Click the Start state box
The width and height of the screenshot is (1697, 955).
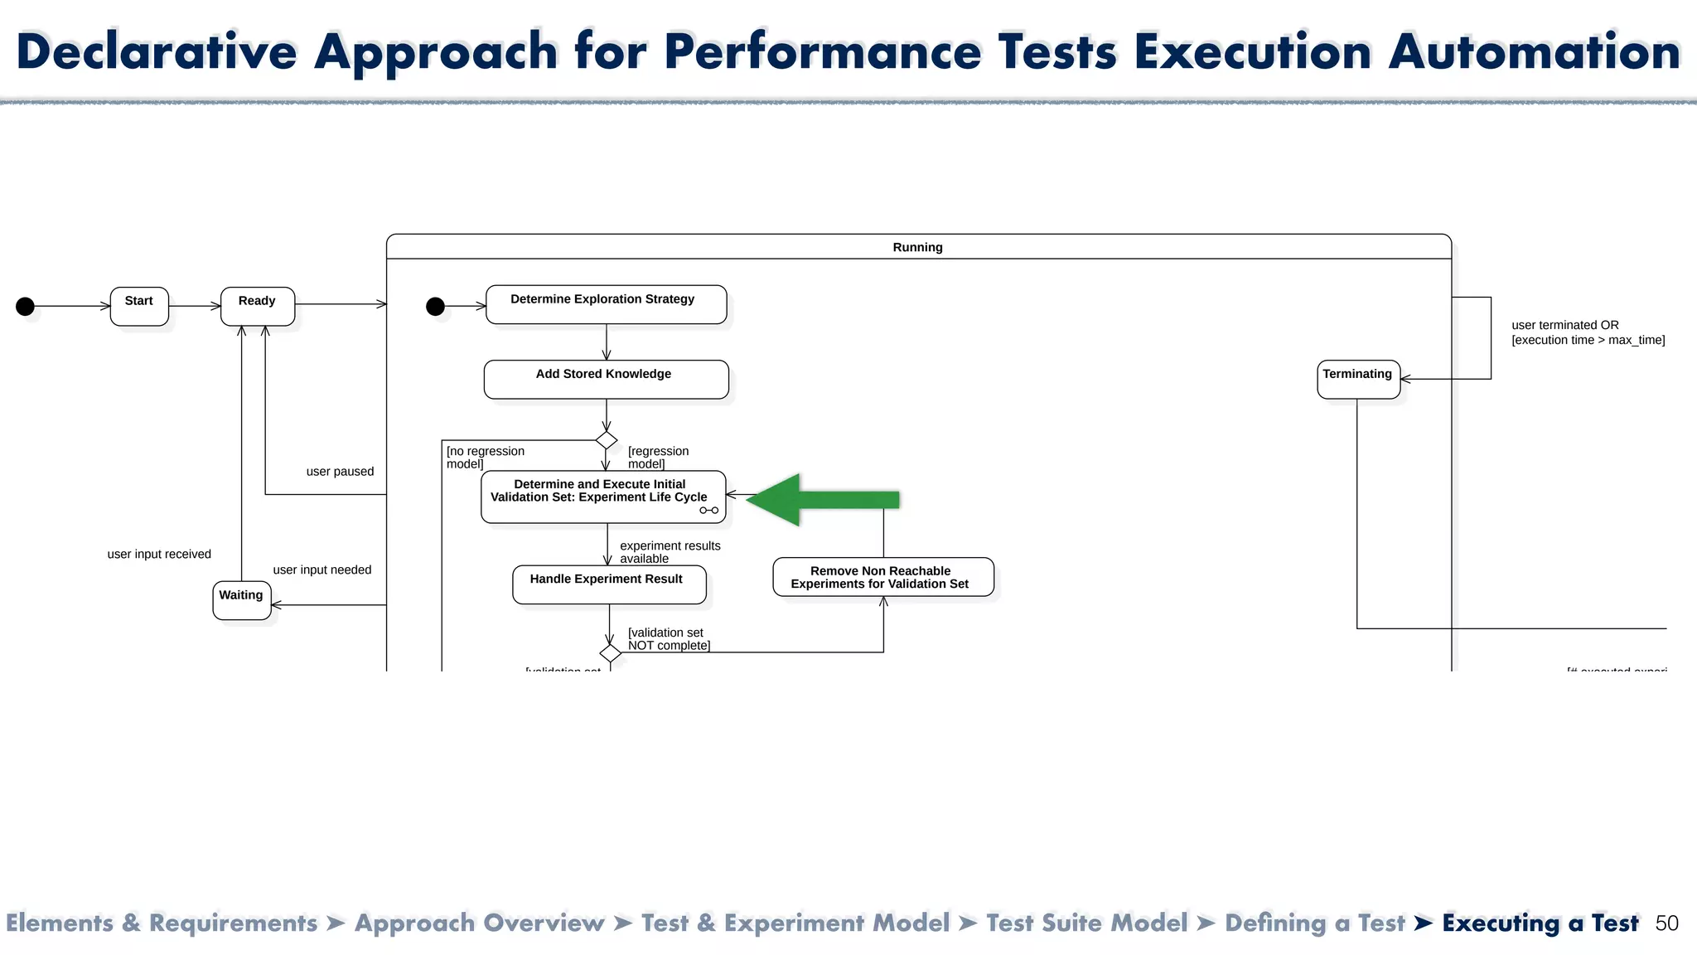(x=139, y=306)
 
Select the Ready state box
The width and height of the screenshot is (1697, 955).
(x=258, y=306)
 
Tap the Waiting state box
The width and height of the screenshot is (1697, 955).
(x=241, y=600)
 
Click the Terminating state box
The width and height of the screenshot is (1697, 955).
(x=1358, y=379)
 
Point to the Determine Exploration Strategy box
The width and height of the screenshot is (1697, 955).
(x=606, y=304)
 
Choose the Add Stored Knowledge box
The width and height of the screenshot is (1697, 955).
(x=606, y=379)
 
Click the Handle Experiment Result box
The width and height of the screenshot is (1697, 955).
(x=609, y=584)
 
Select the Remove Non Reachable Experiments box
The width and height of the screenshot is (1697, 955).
(x=882, y=577)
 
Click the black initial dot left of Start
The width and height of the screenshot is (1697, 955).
(x=26, y=307)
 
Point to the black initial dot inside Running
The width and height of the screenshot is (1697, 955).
(x=435, y=307)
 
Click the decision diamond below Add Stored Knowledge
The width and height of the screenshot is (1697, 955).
(x=607, y=440)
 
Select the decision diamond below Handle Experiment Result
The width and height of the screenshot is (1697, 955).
(x=611, y=653)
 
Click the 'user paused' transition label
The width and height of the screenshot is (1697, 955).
(x=340, y=472)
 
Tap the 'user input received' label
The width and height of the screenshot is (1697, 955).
(x=159, y=555)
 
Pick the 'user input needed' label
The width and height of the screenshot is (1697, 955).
(x=322, y=570)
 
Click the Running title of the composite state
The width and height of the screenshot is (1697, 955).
(x=917, y=247)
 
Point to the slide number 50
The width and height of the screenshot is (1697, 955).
(x=1666, y=923)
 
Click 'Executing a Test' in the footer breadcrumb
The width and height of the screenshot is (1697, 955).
(x=1540, y=923)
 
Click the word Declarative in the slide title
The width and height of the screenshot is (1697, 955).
(x=157, y=51)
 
